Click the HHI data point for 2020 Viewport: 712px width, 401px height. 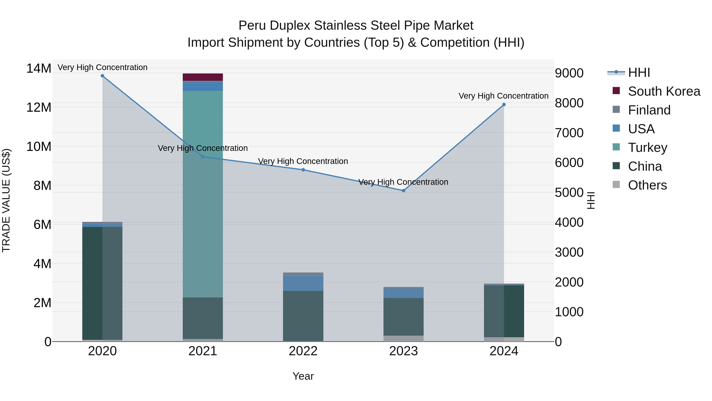[102, 76]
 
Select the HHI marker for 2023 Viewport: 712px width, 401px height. [403, 191]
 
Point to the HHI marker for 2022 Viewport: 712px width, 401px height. [303, 170]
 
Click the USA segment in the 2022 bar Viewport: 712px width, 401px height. [303, 283]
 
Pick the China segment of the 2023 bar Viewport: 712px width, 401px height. [403, 317]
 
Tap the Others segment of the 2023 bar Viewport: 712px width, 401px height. [403, 338]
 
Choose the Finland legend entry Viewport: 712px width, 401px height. [649, 110]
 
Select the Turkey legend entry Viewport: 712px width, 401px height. [647, 148]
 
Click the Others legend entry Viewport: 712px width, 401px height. [647, 185]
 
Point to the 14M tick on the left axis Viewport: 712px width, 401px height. [39, 68]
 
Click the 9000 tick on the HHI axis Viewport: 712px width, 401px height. [569, 73]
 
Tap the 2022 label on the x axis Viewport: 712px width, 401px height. [303, 351]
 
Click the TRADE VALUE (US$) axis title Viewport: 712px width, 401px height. [6, 200]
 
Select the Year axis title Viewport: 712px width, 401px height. [303, 376]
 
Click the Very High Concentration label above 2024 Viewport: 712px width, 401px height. [503, 96]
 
